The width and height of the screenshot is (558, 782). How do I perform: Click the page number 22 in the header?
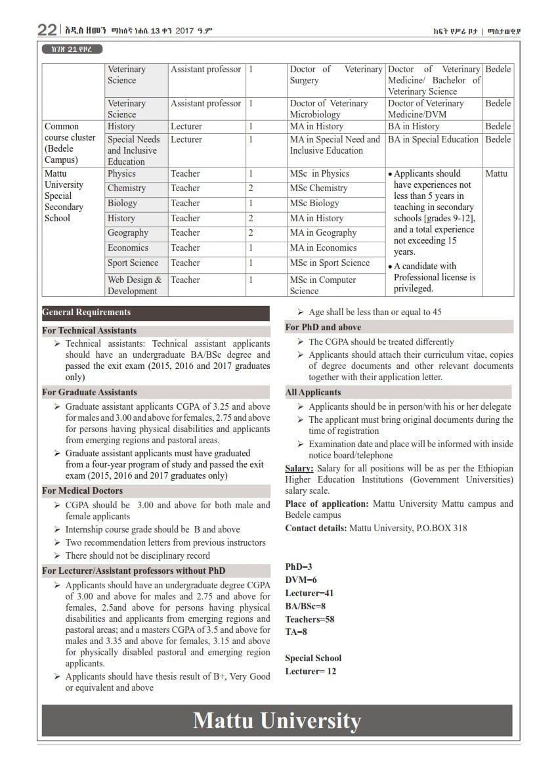point(47,30)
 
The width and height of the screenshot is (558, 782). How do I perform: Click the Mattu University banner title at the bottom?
point(276,720)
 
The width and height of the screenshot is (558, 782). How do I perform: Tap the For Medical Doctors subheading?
point(82,490)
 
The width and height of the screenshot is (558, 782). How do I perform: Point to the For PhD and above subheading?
point(323,327)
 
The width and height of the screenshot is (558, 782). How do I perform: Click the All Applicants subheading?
point(313,392)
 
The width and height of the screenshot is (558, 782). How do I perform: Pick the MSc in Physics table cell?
point(320,174)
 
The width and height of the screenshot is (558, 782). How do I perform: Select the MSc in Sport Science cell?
point(330,263)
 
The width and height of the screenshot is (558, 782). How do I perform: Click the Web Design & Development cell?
point(135,285)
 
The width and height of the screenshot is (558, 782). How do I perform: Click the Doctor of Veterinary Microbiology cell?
point(329,108)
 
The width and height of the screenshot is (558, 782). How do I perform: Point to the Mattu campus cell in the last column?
point(496,174)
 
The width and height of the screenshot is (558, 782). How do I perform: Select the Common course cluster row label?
point(70,142)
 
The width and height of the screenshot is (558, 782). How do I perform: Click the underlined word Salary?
point(299,468)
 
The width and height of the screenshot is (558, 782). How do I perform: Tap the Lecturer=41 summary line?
point(309,593)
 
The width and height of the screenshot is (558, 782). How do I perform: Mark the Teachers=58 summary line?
point(310,619)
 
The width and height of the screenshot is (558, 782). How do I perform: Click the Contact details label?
point(316,528)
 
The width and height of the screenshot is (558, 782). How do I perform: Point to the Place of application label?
point(327,504)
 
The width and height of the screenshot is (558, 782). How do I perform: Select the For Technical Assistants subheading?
point(89,330)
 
